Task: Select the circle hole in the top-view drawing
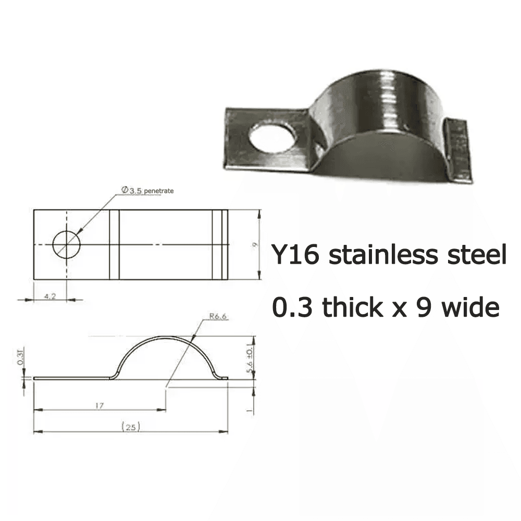pyautogui.click(x=67, y=243)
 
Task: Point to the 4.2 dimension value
pyautogui.click(x=50, y=295)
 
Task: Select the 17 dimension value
pyautogui.click(x=98, y=405)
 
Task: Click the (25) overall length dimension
pyautogui.click(x=130, y=427)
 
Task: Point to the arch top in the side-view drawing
pyautogui.click(x=167, y=337)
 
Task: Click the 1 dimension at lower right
pyautogui.click(x=250, y=410)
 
